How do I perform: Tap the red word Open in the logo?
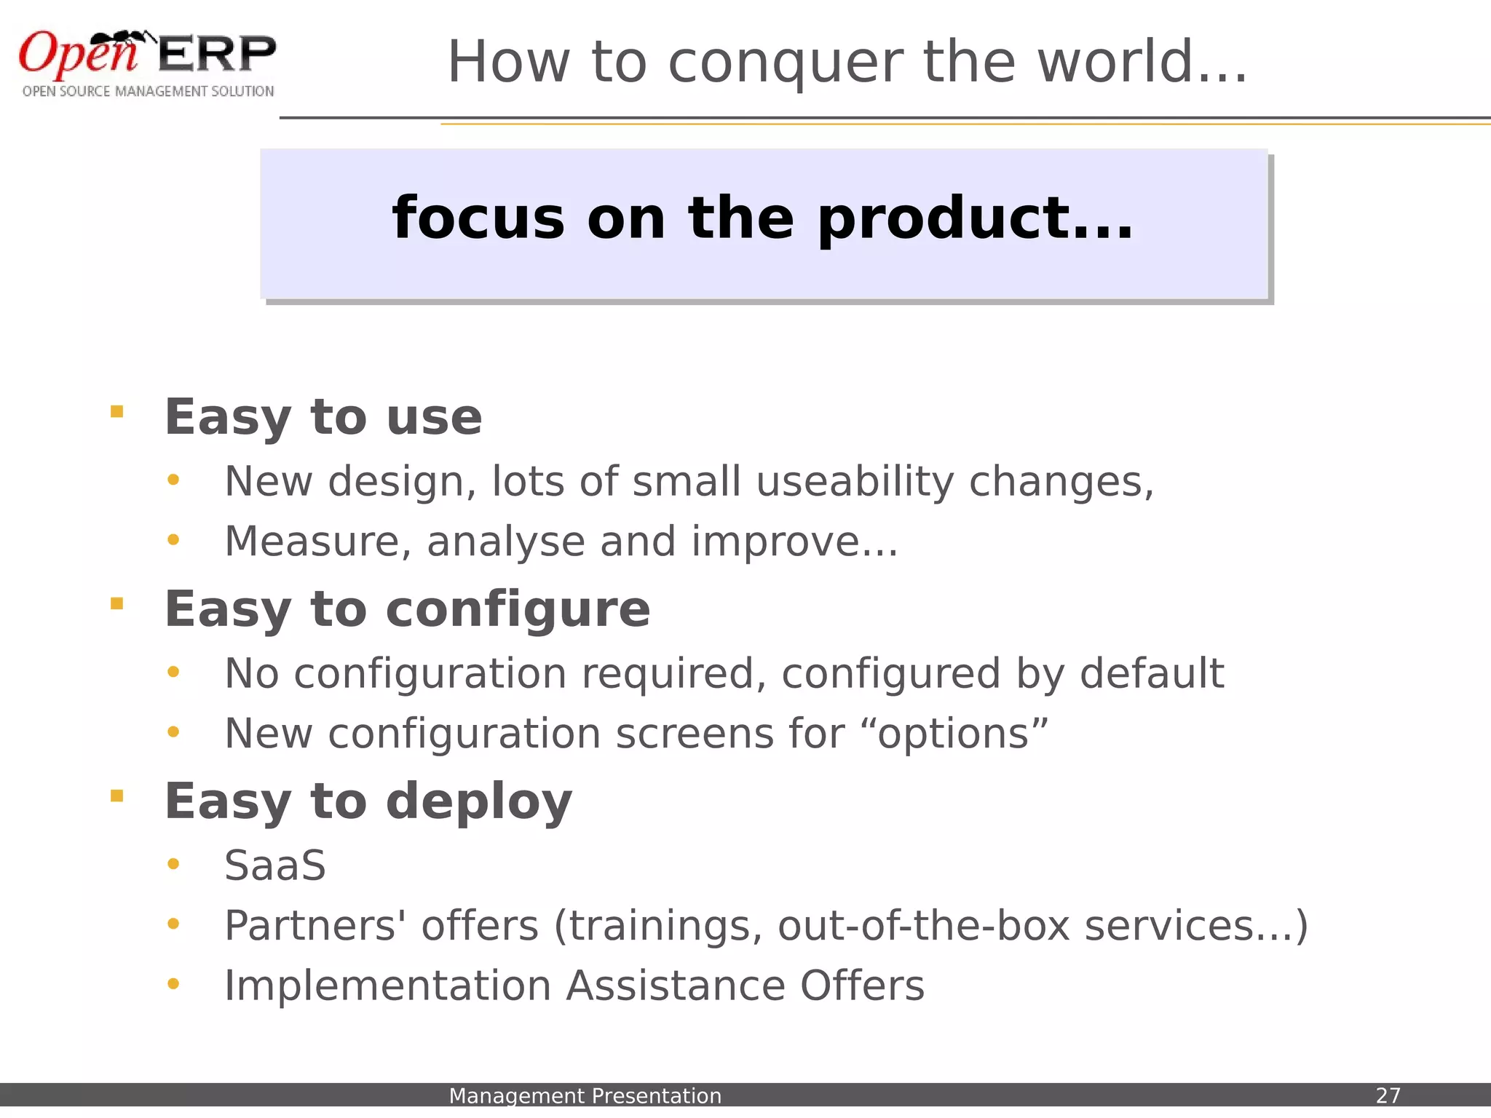(x=76, y=55)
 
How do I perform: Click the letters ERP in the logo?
(x=217, y=54)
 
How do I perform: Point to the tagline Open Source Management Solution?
(x=148, y=92)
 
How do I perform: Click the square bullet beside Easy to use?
(x=116, y=412)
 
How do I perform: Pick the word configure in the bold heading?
(x=517, y=610)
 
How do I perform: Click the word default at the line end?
(x=1151, y=673)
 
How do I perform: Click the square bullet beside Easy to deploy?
(x=116, y=796)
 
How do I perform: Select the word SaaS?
(x=275, y=866)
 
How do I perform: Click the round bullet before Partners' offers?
(x=173, y=924)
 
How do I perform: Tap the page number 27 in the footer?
(x=1388, y=1095)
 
